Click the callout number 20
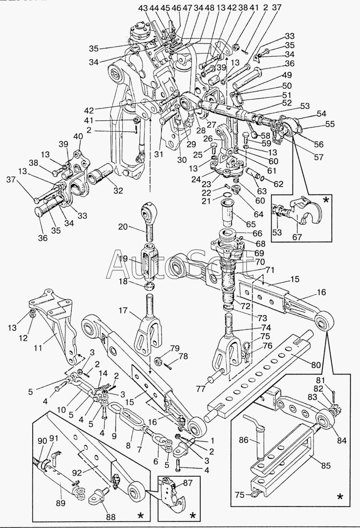point(123,227)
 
